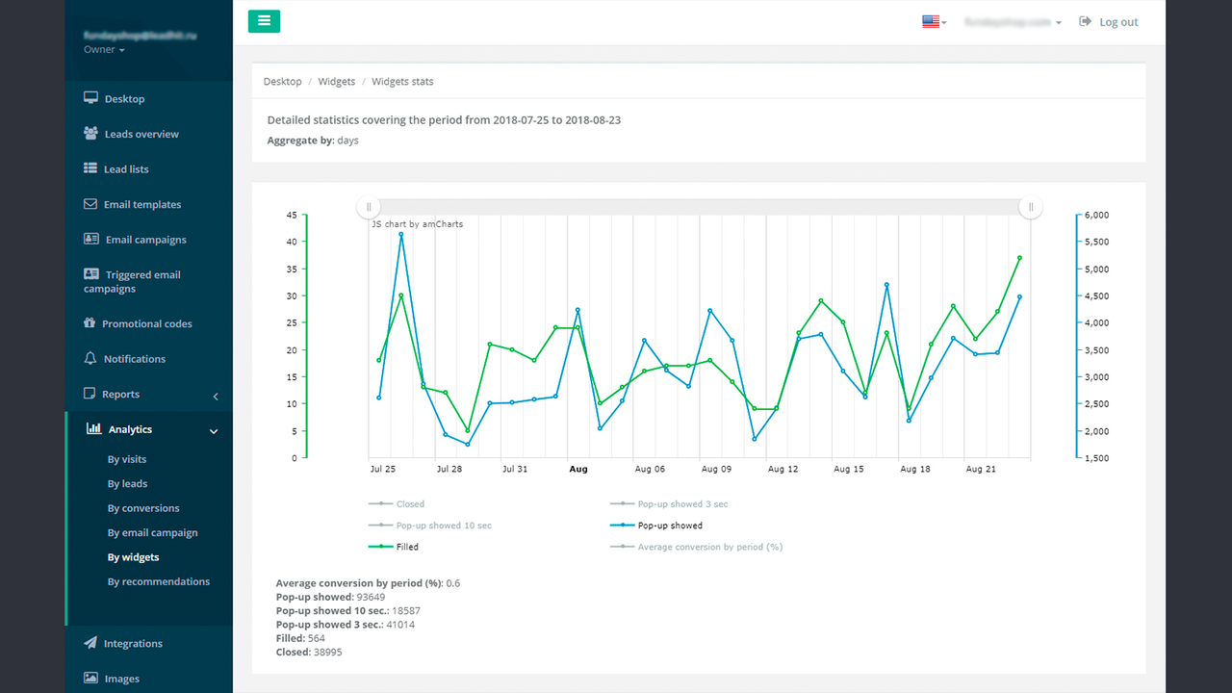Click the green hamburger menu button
click(264, 21)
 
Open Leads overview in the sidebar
click(141, 134)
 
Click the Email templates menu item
click(141, 204)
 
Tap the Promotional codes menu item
click(146, 323)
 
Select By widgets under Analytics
click(133, 557)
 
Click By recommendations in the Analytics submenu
click(158, 581)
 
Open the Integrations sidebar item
click(132, 643)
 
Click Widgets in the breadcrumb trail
click(337, 82)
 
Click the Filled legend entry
click(406, 547)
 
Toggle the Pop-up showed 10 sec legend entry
click(443, 526)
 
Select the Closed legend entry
click(409, 504)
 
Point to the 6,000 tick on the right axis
click(1097, 215)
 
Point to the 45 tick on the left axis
click(292, 215)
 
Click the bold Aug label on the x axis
click(577, 470)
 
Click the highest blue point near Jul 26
click(401, 234)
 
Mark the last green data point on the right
click(1019, 258)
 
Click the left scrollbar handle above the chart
click(368, 207)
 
